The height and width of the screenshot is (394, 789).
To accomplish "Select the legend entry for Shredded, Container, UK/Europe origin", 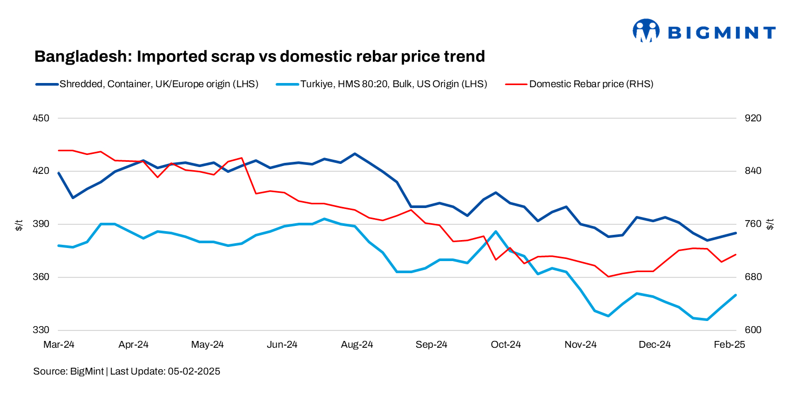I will click(147, 84).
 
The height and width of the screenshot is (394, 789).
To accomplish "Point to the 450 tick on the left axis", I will click(41, 118).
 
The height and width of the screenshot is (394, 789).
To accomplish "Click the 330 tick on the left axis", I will click(41, 330).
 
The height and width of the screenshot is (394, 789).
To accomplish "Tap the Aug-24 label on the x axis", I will click(357, 345).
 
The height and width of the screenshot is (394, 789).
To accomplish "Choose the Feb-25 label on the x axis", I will click(730, 345).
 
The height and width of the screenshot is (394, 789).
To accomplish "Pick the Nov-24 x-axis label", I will click(581, 345).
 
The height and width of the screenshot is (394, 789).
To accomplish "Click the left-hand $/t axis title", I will click(18, 225).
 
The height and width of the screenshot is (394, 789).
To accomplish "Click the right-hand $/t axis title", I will click(771, 225).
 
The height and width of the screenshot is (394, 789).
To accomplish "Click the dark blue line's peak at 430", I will click(355, 154).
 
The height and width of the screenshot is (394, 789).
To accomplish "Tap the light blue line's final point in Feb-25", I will click(735, 295).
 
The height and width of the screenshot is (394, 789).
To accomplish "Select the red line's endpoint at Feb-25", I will click(735, 255).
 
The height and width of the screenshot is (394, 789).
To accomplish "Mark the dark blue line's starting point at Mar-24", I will click(59, 173).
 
